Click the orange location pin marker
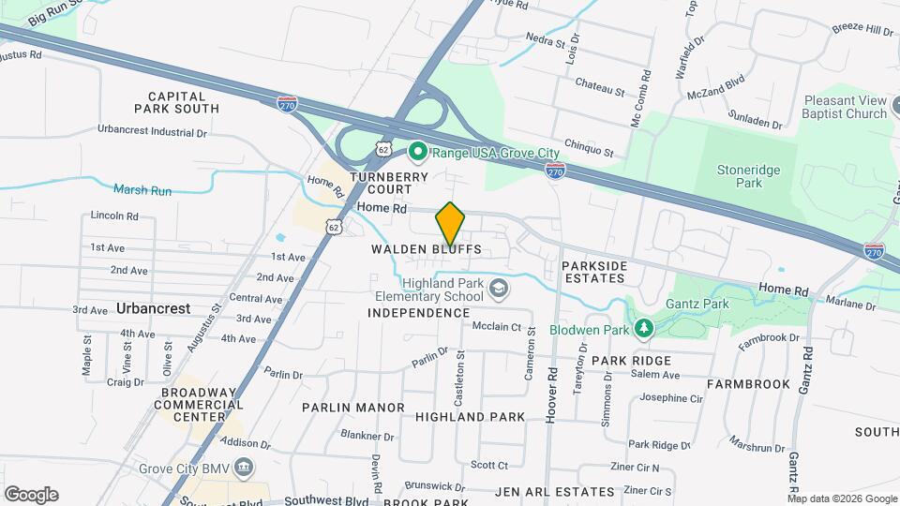click(450, 223)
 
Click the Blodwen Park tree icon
click(643, 327)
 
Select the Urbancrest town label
click(154, 307)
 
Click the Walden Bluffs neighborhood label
click(427, 249)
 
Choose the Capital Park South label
click(183, 102)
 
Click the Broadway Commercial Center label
click(202, 404)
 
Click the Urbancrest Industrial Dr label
click(152, 132)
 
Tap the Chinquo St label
click(588, 151)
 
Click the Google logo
click(31, 495)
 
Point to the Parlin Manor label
click(353, 408)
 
